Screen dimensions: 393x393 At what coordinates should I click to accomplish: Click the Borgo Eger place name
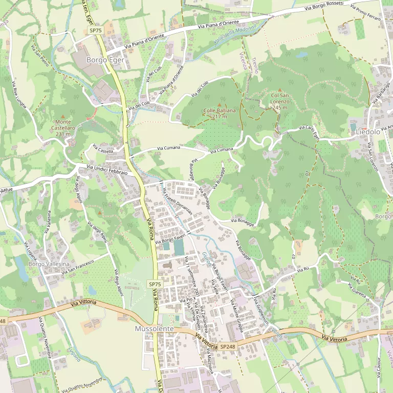(x=105, y=60)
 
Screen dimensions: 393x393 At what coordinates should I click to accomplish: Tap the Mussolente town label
(x=155, y=328)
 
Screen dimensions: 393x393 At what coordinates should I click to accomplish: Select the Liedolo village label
(x=367, y=132)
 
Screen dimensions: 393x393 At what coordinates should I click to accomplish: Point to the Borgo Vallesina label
(x=49, y=264)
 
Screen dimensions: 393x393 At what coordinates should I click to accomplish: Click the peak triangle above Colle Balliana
(x=220, y=105)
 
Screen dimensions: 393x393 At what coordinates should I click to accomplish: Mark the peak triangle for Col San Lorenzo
(x=280, y=90)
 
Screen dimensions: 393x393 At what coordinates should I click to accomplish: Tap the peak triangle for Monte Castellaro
(x=63, y=117)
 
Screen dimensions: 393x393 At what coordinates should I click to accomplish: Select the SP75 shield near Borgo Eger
(x=96, y=31)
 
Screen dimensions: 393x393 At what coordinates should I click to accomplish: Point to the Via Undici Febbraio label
(x=107, y=170)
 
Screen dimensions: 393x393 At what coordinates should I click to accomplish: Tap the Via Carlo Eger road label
(x=309, y=132)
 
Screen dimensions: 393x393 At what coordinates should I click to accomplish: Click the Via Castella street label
(x=103, y=149)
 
